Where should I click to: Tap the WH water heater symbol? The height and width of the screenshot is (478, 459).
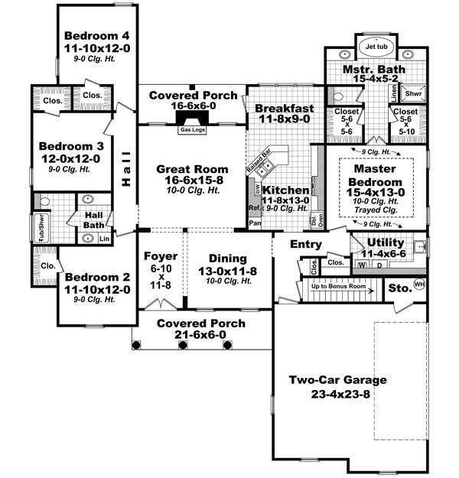click(418, 285)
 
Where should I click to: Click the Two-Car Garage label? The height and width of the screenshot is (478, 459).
click(337, 380)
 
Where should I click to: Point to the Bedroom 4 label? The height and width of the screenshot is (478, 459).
click(96, 35)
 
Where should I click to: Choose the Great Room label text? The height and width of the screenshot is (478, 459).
click(192, 169)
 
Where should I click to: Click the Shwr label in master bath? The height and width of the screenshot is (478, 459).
click(413, 94)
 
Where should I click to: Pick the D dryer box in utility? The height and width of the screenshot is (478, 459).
click(378, 265)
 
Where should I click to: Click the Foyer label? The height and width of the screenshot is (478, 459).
click(161, 255)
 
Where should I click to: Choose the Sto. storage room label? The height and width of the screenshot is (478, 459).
click(399, 289)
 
